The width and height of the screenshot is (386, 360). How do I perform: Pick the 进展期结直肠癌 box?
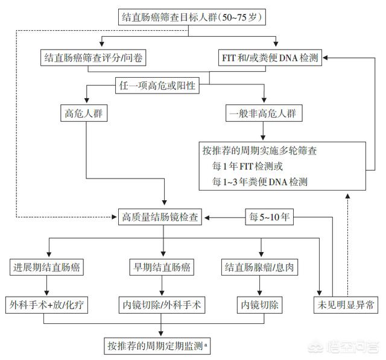[48, 267]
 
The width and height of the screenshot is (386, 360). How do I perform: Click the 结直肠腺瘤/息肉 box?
[260, 267]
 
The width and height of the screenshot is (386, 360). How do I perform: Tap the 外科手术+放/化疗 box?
[48, 305]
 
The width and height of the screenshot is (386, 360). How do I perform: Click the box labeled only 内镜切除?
[260, 305]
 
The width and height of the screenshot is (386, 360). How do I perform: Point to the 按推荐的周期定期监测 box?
[158, 345]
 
